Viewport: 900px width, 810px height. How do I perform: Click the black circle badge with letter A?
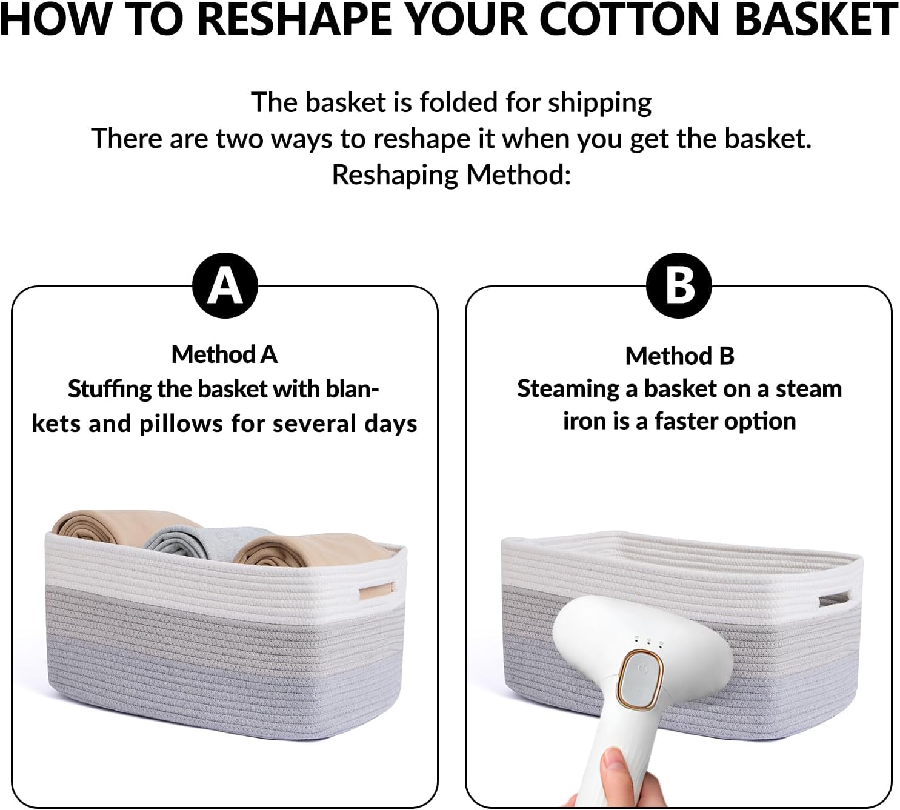pos(225,286)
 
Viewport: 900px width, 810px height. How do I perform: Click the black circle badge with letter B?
pos(679,286)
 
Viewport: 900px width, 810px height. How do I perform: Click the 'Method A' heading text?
pos(225,354)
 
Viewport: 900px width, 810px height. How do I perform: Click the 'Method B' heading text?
pos(680,356)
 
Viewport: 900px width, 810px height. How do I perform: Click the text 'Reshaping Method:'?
pos(452,174)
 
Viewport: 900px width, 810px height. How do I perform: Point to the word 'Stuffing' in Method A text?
pos(109,390)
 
